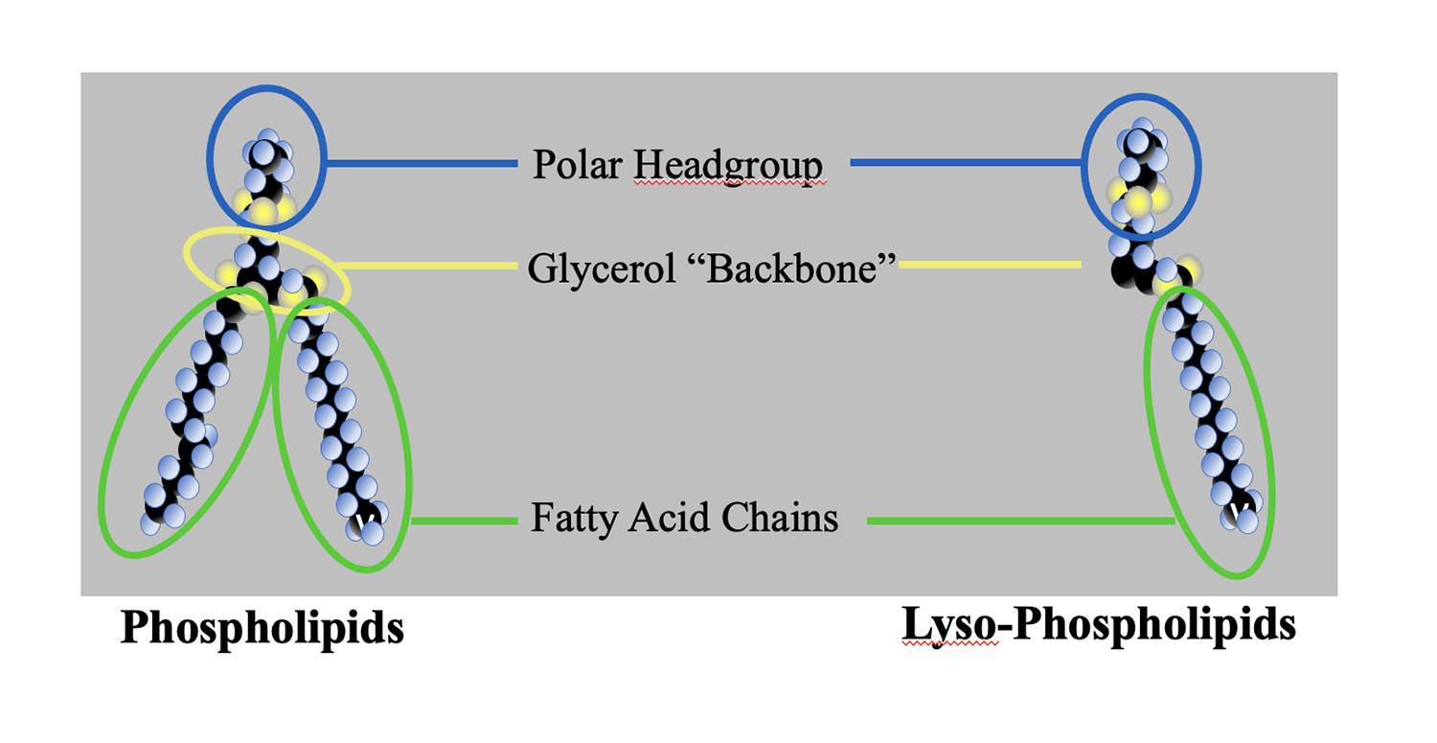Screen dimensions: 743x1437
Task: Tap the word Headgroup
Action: click(x=727, y=165)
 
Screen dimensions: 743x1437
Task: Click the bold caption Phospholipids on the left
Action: click(x=262, y=628)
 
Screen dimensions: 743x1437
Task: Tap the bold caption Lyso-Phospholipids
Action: click(x=1099, y=625)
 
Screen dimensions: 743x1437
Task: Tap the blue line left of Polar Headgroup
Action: click(x=422, y=164)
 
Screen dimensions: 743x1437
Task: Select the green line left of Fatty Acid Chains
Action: click(x=465, y=521)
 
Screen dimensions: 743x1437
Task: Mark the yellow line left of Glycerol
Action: click(x=431, y=266)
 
